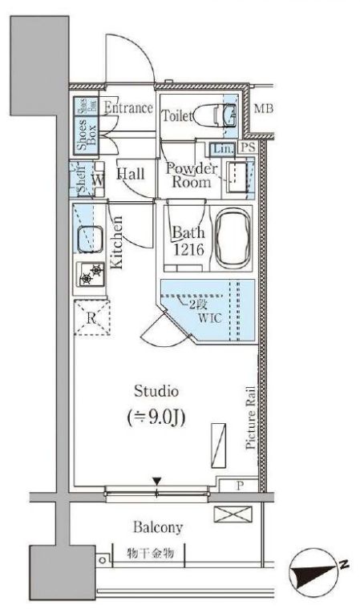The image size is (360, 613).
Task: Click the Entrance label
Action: [128, 108]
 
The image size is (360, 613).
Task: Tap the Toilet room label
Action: [177, 116]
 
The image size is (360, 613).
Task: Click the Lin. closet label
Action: [222, 149]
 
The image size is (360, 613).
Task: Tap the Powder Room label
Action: [191, 175]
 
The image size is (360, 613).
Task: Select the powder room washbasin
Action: [237, 174]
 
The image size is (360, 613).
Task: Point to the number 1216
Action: [192, 250]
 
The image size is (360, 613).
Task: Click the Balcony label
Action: [159, 528]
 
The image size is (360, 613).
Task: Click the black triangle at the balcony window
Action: [158, 482]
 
